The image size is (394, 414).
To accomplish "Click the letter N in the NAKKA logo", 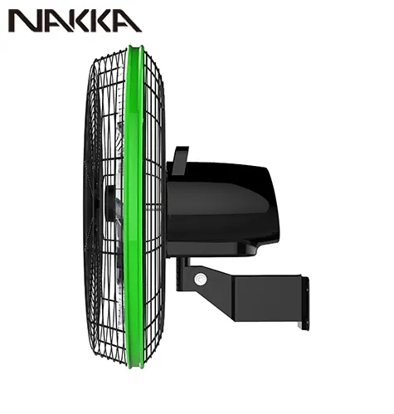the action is pos(23,21).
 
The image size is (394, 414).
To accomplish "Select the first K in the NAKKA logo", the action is pos(78,21).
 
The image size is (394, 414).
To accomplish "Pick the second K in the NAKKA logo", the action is pos(103,21).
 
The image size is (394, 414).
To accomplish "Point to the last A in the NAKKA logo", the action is pos(128,21).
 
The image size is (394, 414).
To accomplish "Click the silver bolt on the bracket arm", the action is pos(201,280).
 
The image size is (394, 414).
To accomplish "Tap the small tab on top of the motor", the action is pos(181,160).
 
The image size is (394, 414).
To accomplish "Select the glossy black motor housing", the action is pos(221,205).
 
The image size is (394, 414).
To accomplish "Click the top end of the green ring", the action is pos(135,47).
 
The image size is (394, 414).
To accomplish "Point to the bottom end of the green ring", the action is pos(136,367).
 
